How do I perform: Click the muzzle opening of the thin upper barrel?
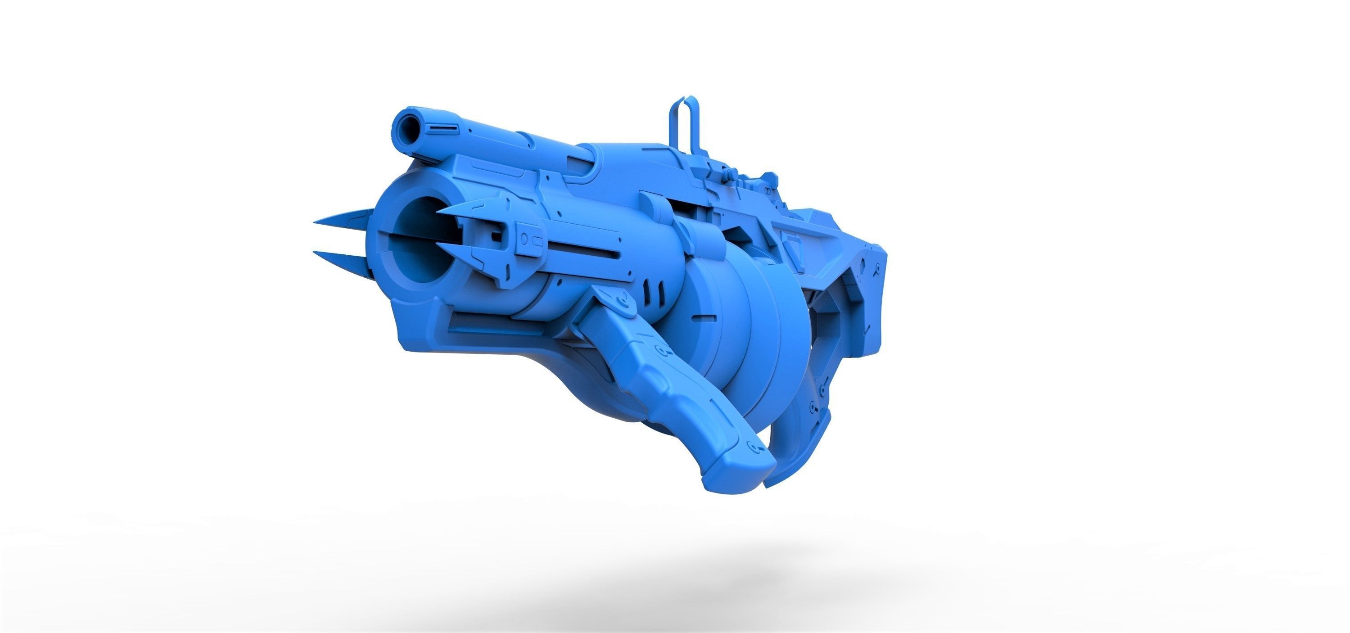coord(405,125)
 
